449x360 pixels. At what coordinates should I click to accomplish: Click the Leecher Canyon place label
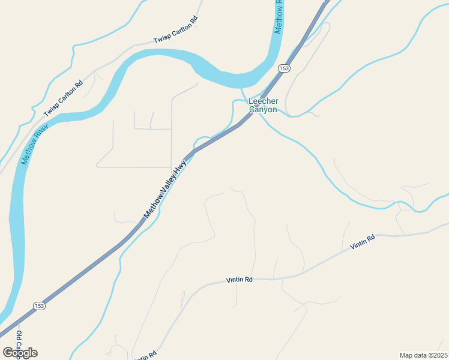pos(263,106)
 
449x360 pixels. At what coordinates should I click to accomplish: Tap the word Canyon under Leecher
pos(263,110)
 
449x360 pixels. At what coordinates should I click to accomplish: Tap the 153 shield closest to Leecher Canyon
pos(284,69)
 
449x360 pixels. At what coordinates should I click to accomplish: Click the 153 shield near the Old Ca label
pos(39,305)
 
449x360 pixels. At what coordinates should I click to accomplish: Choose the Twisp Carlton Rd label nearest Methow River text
pos(63,100)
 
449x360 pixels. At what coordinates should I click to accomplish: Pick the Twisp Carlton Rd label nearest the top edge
pos(175,32)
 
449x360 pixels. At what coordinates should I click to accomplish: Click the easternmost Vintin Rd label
pos(363,242)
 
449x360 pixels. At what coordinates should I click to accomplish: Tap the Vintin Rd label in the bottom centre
pos(240,280)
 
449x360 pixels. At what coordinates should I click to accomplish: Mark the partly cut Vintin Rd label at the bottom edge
pos(145,356)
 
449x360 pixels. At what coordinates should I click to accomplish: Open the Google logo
pos(20,352)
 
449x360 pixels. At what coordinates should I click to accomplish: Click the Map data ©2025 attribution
pos(423,355)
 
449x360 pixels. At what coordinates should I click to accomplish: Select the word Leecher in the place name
pos(263,102)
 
